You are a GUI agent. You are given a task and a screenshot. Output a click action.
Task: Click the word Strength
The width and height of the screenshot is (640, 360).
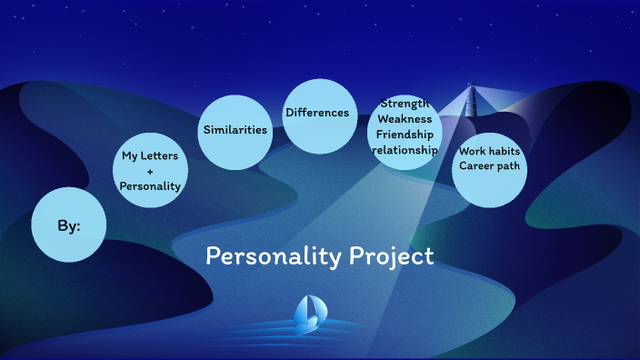[405, 103]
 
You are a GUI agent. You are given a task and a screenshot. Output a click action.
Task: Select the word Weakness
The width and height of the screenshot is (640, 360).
[405, 118]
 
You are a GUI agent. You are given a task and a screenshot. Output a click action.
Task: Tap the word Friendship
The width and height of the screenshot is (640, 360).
[405, 134]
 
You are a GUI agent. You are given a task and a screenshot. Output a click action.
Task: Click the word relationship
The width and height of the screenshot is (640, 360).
[405, 149]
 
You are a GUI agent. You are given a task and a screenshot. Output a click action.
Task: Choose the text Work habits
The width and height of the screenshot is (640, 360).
[489, 151]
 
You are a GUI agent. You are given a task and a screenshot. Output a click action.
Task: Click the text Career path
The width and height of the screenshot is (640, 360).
[489, 165]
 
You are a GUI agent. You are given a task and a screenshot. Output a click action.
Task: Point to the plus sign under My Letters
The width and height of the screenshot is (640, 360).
[150, 171]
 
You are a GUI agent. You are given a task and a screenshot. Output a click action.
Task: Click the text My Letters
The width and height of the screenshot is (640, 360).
[150, 156]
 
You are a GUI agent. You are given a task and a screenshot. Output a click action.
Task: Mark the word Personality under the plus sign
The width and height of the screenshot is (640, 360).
[150, 185]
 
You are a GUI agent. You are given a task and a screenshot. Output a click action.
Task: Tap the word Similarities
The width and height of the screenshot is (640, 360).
[235, 130]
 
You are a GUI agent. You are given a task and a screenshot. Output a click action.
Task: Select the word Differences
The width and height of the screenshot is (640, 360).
[317, 113]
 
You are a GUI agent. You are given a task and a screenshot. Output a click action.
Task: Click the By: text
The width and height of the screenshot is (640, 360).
[69, 225]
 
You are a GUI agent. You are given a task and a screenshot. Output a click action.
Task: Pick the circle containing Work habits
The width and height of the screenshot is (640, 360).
[490, 182]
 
